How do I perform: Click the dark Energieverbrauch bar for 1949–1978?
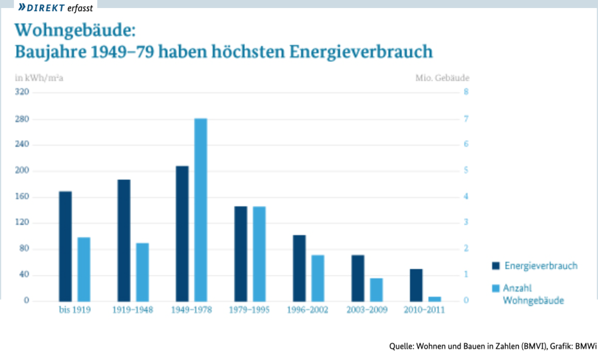tap(182, 233)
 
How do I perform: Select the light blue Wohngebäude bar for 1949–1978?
tap(201, 209)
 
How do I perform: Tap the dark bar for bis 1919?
tap(65, 246)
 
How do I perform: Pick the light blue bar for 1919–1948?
tap(142, 272)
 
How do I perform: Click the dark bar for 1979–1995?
tap(241, 253)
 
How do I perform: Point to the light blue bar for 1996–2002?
tap(318, 278)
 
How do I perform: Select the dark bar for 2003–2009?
tap(357, 278)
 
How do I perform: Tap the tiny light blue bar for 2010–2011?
tap(435, 298)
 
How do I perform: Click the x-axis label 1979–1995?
tap(249, 310)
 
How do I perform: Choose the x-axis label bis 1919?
tap(74, 310)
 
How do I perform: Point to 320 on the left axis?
tap(22, 92)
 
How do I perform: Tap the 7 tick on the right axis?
tap(466, 119)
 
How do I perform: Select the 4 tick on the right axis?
tap(466, 197)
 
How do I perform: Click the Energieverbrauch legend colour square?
tap(495, 266)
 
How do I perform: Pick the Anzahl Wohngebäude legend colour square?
tap(495, 289)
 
